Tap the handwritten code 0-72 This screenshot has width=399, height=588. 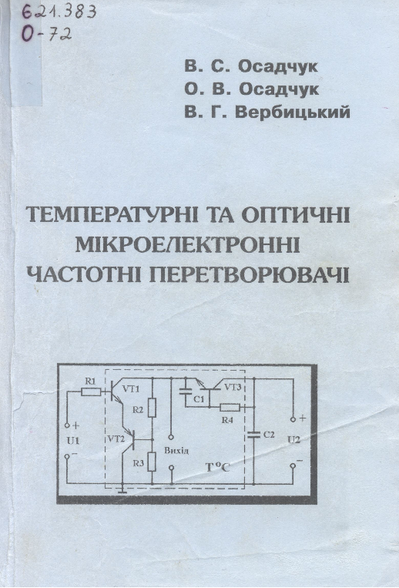tap(46, 35)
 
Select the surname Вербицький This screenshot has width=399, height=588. tap(292, 113)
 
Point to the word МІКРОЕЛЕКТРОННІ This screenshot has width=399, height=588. tap(188, 244)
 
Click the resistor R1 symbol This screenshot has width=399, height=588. tap(91, 392)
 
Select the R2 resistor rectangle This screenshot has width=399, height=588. tap(152, 408)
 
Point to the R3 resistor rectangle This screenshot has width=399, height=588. tap(152, 462)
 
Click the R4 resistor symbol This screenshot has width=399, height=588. tap(230, 407)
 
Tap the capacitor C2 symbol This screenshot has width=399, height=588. tap(253, 435)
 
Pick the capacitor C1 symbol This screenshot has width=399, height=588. tap(185, 391)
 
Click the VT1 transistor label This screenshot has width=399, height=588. tap(131, 389)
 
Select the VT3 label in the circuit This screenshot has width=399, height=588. tap(233, 387)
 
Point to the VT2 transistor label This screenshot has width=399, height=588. tap(116, 439)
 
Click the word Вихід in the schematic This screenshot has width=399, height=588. tap(176, 451)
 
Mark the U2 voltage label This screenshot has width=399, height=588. tap(293, 440)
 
